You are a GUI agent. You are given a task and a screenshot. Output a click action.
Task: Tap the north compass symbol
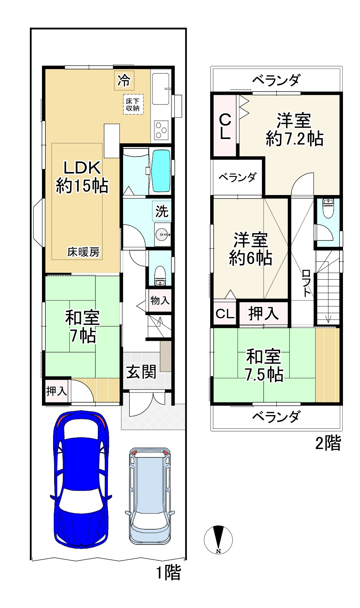coord(218,539)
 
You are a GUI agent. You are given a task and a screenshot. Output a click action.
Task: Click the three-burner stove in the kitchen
coord(161,130)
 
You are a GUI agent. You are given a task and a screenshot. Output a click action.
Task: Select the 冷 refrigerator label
coord(124,80)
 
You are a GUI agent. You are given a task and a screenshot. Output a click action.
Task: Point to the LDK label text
coord(82,168)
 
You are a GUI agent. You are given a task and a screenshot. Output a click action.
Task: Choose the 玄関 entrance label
coord(141,372)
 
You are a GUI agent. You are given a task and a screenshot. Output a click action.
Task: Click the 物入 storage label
coord(160,300)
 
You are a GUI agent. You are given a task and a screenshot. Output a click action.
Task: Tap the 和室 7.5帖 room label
coord(264,366)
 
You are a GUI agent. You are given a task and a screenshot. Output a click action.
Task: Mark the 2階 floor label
coord(328,443)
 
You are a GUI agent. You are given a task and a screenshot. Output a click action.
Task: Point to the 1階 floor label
coord(168,573)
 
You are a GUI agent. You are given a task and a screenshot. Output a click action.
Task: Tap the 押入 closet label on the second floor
coord(264,314)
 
